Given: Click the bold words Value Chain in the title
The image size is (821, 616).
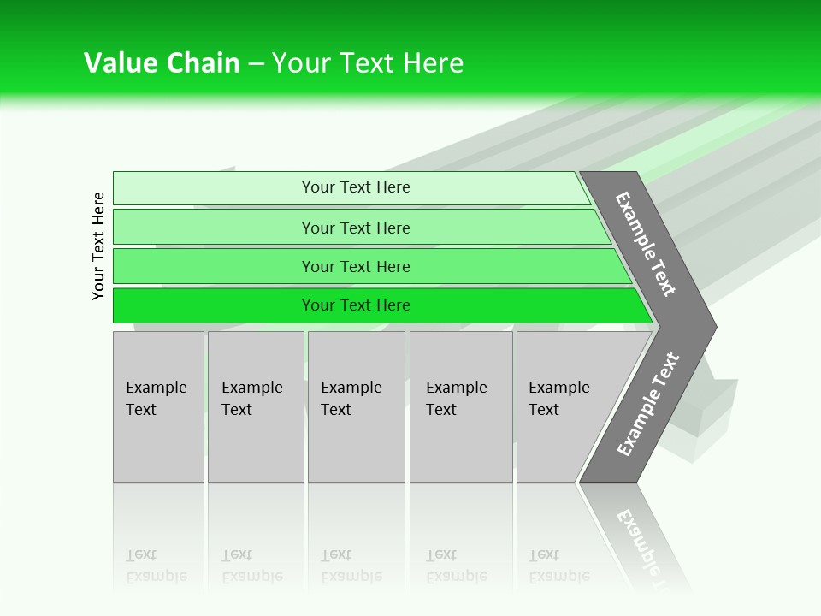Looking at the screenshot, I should (162, 63).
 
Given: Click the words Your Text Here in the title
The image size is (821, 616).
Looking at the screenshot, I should (368, 63).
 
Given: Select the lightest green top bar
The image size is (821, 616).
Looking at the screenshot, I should (214, 188).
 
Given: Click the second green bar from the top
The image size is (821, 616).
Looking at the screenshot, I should (214, 228).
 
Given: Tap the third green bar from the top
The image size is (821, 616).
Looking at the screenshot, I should (214, 266).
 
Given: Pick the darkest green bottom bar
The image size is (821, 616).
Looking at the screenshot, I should (214, 305).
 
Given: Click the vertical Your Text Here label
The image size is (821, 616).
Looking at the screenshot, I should (98, 246).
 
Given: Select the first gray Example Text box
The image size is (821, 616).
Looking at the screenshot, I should (158, 406).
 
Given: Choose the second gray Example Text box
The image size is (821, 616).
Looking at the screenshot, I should (256, 406).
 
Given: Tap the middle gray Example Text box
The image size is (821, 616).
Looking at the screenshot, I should (356, 406).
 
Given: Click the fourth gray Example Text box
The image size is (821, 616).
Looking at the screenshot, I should (461, 406).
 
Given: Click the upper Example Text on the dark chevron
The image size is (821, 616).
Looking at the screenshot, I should (646, 244).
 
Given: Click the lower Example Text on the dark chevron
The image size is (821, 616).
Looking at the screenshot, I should (647, 405).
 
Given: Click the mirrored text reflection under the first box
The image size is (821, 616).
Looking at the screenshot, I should (157, 566).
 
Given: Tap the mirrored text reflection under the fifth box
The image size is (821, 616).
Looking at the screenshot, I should (559, 566).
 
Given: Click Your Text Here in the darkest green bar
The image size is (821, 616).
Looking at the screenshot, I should (356, 305).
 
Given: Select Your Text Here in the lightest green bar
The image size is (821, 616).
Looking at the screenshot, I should (356, 187).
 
